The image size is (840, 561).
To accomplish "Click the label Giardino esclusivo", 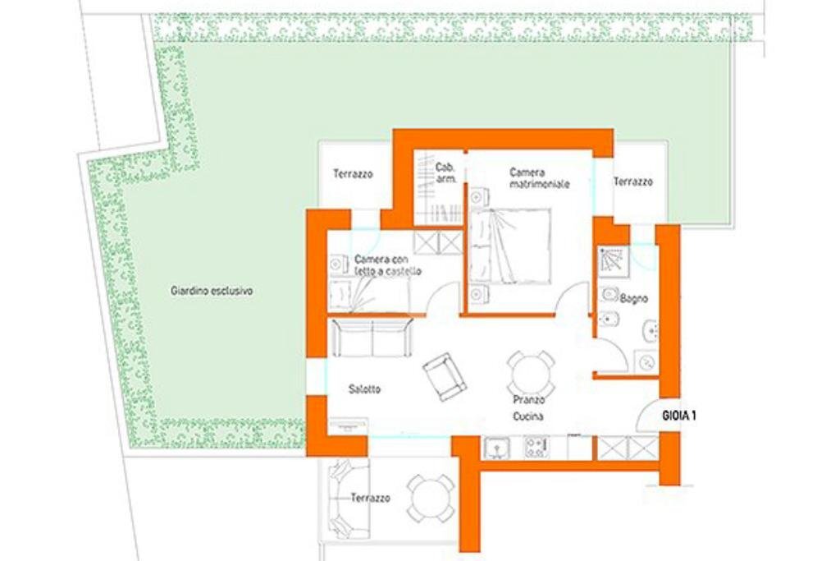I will [212, 291].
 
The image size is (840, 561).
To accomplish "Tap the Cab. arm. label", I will [445, 172].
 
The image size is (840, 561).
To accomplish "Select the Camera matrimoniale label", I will [539, 178].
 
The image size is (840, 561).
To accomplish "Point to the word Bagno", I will [634, 298].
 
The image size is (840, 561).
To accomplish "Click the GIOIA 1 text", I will [679, 416].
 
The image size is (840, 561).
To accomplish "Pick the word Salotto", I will [364, 389].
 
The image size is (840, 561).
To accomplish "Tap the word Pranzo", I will [529, 400].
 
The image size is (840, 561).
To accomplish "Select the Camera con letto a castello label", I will [388, 264].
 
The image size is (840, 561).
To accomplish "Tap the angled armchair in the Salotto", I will [445, 376].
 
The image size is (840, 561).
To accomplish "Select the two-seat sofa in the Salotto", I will [371, 338].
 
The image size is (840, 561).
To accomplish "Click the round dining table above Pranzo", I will [530, 374].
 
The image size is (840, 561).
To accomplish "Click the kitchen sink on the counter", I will [496, 448].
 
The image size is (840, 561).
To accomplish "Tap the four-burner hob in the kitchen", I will [536, 448].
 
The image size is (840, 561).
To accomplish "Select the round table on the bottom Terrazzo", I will [431, 498].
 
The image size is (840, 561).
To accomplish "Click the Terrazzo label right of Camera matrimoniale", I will [632, 182].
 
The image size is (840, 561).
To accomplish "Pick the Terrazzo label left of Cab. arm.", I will [353, 174].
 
